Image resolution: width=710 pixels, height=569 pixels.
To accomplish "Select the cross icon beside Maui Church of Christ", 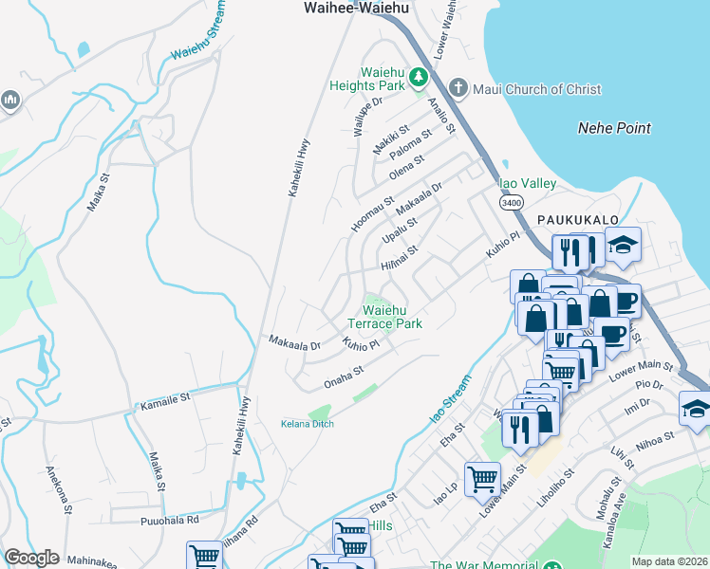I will point(458,89).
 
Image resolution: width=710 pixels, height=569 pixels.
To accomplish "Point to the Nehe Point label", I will point(614,127).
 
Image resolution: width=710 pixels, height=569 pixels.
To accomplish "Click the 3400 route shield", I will point(509,202).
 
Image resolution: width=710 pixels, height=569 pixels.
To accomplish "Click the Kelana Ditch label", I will point(308,423).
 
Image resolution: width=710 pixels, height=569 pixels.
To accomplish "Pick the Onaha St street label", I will point(344,376).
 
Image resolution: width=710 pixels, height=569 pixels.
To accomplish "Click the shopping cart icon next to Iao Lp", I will point(482,479).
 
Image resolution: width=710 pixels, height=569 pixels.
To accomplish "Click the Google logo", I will point(30,558).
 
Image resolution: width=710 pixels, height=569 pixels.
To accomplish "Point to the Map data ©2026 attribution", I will point(670,561).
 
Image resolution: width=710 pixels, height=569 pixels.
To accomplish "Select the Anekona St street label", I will point(57,488).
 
